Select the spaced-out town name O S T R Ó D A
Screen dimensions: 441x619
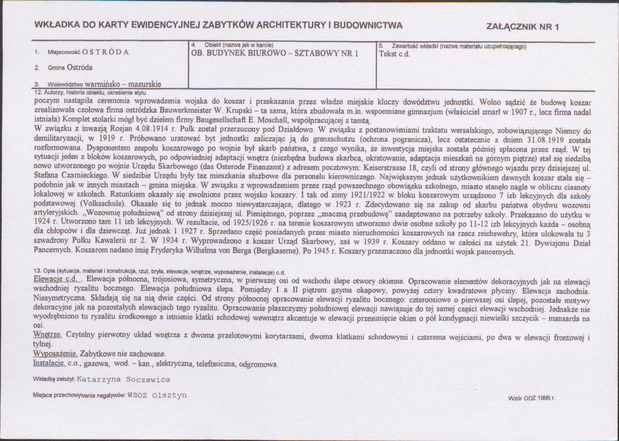click(x=105, y=53)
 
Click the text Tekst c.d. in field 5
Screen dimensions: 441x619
click(x=394, y=54)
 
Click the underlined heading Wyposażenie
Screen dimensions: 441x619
click(x=55, y=354)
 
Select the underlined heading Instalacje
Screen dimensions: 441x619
click(x=51, y=363)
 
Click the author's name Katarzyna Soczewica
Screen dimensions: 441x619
click(x=123, y=380)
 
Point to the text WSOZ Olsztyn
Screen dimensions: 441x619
click(x=157, y=395)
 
